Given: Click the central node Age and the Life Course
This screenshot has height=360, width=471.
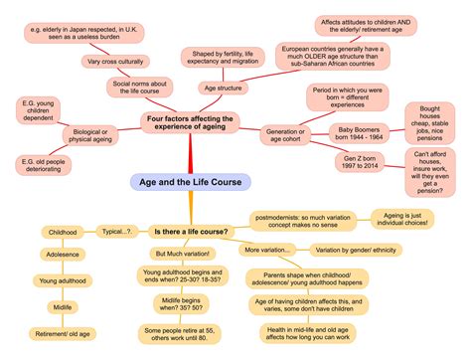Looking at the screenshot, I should (x=177, y=182).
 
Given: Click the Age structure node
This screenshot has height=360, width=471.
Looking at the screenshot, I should (x=223, y=88).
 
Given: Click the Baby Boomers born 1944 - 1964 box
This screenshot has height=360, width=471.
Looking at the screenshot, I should (x=362, y=133).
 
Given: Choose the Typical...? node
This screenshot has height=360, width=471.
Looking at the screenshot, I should (x=116, y=231).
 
